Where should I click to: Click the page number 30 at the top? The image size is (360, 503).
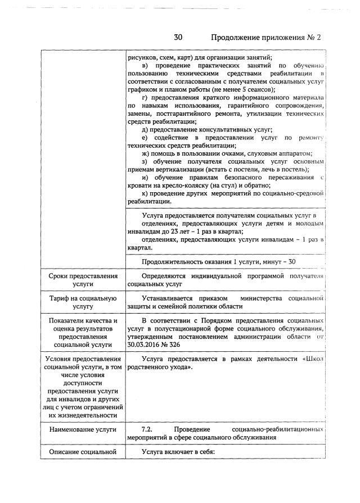(x=178, y=38)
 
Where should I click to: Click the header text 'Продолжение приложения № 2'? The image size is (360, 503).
(x=265, y=38)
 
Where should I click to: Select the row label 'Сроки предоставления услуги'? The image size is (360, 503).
(x=83, y=280)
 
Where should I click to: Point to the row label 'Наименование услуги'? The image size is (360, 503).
(x=83, y=429)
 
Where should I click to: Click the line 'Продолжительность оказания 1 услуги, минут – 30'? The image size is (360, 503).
(x=219, y=261)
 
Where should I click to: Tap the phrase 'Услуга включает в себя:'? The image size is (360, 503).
(x=179, y=451)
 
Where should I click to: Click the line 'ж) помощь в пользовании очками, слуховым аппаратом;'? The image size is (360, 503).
(x=227, y=154)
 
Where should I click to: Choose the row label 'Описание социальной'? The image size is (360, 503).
(x=83, y=451)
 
